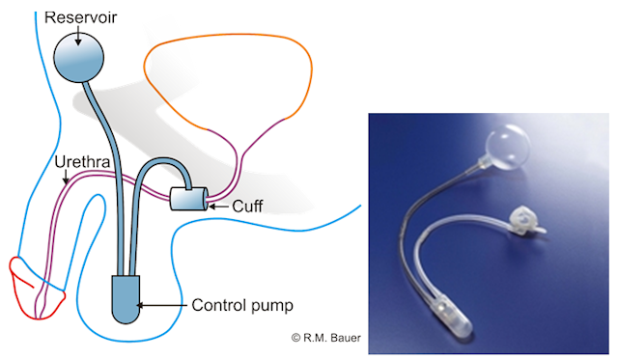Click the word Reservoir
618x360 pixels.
(80, 17)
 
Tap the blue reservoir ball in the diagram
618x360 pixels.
(78, 58)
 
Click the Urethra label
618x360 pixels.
(82, 162)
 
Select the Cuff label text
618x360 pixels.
(247, 206)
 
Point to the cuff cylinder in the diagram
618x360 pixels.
(189, 198)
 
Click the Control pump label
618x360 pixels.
(242, 305)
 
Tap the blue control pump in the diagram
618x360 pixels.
(126, 298)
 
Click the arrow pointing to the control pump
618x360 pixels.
(161, 305)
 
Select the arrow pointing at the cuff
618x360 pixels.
(218, 206)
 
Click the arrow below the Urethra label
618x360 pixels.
(67, 176)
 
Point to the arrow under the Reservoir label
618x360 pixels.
(78, 36)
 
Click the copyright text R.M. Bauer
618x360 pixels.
(331, 338)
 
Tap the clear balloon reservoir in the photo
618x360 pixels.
(507, 147)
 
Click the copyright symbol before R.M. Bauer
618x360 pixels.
(296, 338)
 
